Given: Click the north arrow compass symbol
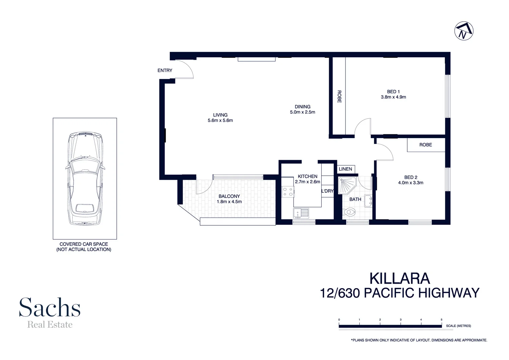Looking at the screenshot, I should pos(464,31).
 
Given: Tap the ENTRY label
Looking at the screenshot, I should pos(165,71).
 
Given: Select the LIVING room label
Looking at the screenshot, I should pos(220,115).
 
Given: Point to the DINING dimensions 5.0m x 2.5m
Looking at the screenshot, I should pos(302,112).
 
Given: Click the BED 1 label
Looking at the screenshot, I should pos(393,92).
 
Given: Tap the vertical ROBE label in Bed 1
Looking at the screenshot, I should pos(339,96).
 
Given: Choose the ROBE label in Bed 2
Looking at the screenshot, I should pos(426,145).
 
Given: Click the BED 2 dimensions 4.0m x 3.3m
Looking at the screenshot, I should pos(411,183).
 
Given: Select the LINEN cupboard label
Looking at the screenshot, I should pos(345,169).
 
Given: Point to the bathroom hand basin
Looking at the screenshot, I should pos(368,201).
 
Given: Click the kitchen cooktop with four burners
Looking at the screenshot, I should pos(288,192).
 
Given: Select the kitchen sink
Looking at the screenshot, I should pos(301,213).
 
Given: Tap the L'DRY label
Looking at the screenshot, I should pos(327,191).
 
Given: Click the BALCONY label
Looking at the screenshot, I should pos(229,196).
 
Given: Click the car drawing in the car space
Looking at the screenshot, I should pos(85,179).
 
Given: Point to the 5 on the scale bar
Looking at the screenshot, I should pos(441,320).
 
